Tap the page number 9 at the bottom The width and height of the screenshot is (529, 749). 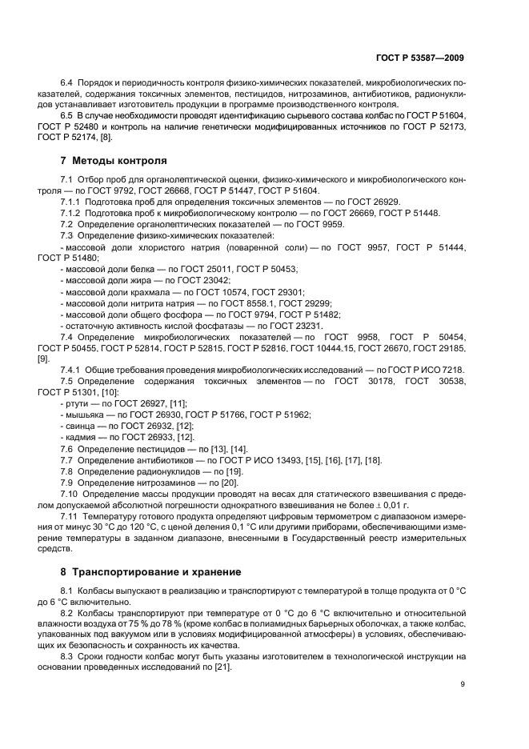click(463, 683)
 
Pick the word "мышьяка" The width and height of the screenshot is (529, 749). click(83, 415)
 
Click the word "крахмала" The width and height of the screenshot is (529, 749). click(150, 291)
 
